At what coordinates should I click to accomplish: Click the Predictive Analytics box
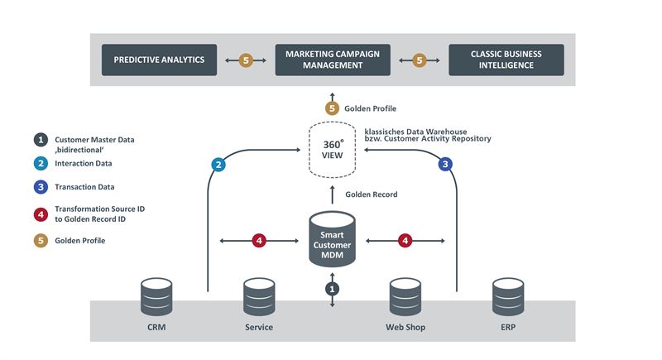coord(159,60)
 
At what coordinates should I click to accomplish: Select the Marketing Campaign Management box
coord(333,60)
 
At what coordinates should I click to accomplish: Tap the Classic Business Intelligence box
coord(506,60)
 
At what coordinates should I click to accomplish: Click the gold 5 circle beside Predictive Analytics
coord(246,60)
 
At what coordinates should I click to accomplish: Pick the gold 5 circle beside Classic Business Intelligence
coord(420,60)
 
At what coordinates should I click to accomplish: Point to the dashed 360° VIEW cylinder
coord(332,150)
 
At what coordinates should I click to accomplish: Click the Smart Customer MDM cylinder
coord(332,240)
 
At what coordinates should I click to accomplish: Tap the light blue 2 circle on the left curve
coord(219,165)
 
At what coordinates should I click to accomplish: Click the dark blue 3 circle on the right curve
coord(444,165)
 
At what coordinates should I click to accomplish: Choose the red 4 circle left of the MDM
coord(259,241)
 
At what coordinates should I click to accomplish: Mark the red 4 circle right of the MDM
coord(405,241)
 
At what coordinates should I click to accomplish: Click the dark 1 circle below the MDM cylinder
coord(332,289)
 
